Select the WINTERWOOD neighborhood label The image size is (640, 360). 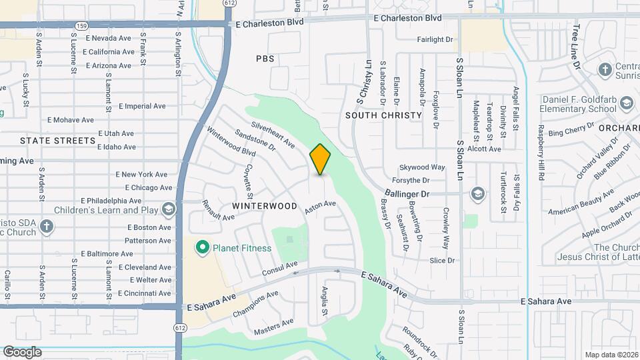pos(265,206)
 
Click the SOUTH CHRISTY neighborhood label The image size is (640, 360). pos(384,115)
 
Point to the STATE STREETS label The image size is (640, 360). pos(58,141)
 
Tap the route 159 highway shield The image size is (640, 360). pos(82,26)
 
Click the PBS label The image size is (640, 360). pos(265,59)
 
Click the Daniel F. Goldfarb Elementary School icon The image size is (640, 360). pos(625,103)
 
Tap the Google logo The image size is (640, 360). pos(22,352)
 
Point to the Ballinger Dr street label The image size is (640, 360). pos(407,193)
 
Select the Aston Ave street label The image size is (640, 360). pos(320,207)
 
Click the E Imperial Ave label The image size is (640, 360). pos(142,106)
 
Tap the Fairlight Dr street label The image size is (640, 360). pos(435,39)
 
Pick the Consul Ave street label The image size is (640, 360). pos(279,269)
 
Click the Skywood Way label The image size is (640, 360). pos(422,167)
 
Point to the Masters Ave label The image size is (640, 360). pos(273,327)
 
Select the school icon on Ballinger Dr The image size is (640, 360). pos(477,194)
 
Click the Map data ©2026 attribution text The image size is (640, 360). pos(610,355)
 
